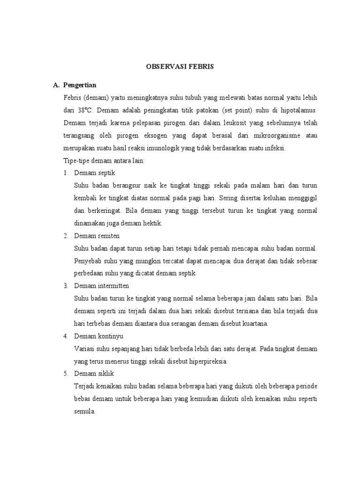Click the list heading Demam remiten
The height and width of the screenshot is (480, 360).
(97, 235)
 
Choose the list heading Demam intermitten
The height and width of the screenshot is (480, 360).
(101, 285)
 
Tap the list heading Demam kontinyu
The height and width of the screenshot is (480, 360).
(98, 336)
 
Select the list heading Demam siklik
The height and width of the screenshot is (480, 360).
(94, 374)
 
